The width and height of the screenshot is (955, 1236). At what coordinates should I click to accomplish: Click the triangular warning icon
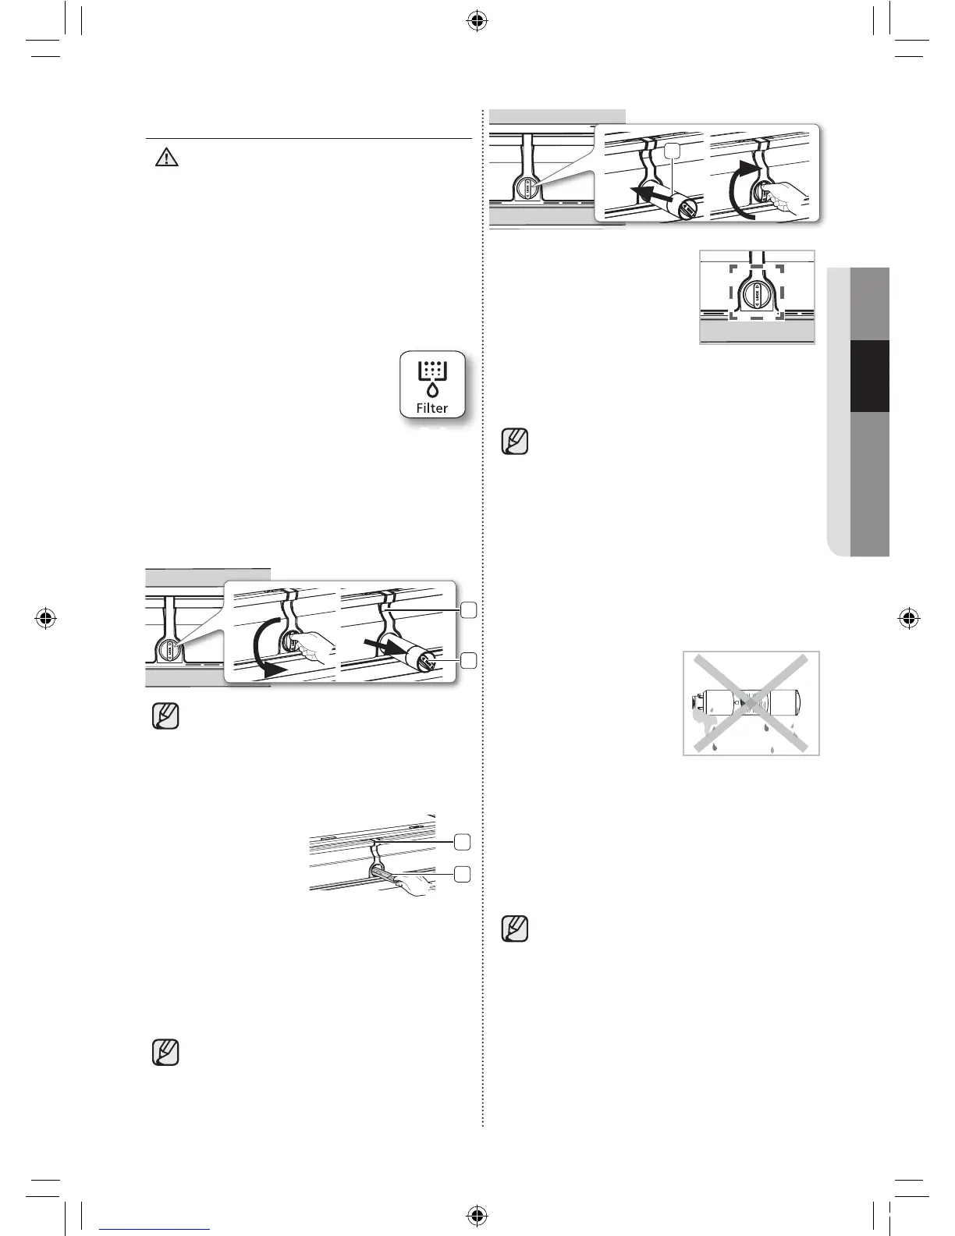coord(166,158)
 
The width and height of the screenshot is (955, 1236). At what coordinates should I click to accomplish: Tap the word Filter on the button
coord(432,408)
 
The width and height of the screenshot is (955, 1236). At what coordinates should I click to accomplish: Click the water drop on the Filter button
coord(431,389)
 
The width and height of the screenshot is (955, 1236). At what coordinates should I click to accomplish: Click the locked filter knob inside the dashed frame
coord(756,295)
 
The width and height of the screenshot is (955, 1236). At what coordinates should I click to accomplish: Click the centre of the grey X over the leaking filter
coord(751,702)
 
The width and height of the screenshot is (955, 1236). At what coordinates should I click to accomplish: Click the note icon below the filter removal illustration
coord(165,716)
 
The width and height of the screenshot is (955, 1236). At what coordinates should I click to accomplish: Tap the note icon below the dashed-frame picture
coord(515,442)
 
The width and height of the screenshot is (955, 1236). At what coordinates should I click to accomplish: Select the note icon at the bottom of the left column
coord(165,1052)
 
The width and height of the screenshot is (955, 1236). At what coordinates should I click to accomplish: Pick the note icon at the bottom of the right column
coord(515,928)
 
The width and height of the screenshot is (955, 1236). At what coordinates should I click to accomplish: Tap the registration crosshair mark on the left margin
coord(46,618)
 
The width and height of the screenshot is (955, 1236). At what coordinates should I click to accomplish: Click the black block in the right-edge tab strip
coord(869,376)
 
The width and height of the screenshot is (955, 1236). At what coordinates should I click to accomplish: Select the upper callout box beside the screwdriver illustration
coord(463,842)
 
